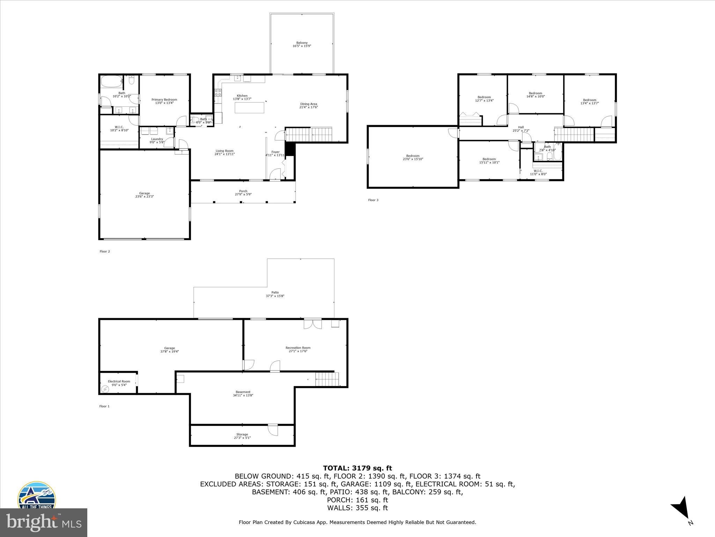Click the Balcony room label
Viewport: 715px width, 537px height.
click(302, 43)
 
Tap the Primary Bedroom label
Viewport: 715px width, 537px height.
click(164, 100)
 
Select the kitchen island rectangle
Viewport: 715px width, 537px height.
click(249, 108)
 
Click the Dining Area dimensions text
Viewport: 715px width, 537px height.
click(309, 107)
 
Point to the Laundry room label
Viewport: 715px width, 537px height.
click(157, 139)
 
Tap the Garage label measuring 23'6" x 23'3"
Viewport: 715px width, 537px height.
click(145, 193)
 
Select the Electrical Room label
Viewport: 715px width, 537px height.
click(119, 381)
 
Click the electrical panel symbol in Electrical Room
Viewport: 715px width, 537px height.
click(105, 389)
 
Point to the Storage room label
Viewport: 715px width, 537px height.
click(242, 435)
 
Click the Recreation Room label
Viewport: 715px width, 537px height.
click(298, 348)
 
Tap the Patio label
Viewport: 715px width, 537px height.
click(275, 293)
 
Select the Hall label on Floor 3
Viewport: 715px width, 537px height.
click(521, 127)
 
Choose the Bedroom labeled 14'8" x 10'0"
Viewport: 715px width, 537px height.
click(535, 93)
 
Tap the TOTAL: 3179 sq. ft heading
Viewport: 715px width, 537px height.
click(357, 468)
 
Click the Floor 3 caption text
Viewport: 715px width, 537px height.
click(373, 200)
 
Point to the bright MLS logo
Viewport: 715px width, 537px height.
click(44, 522)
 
